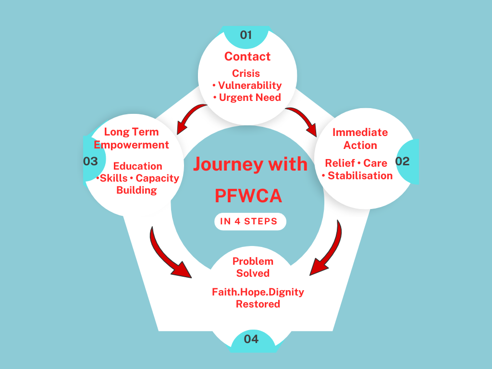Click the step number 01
point(246,35)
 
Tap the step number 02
point(402,161)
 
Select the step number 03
point(91,161)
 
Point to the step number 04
point(251,339)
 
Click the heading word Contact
point(247,57)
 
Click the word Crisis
point(246,74)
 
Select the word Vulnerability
point(250,86)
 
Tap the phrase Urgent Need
point(250,98)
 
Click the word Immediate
point(360,132)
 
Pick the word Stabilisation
point(360,176)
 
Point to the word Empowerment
point(132,145)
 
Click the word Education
point(137,166)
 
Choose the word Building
point(136,190)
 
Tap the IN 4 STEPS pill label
point(250,221)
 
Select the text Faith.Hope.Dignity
point(258,292)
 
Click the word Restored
point(258,304)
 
